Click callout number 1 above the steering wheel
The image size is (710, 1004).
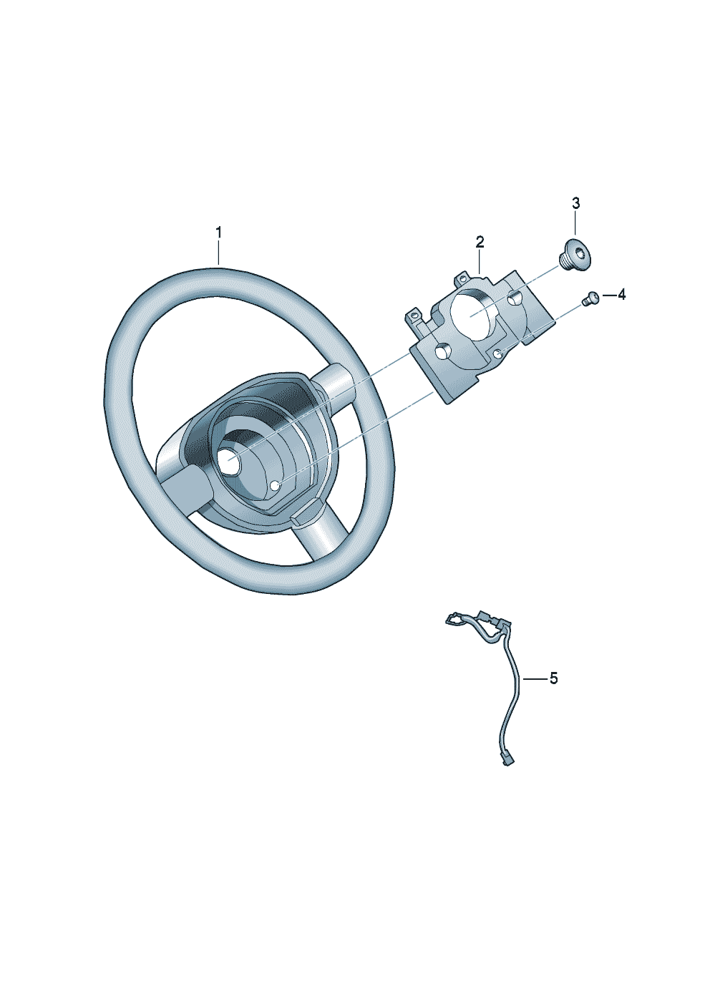coord(219,233)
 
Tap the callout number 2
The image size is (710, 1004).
coord(480,241)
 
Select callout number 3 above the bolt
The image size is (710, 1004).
coord(576,203)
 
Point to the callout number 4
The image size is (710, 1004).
coord(621,294)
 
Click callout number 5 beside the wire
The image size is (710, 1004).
coord(553,678)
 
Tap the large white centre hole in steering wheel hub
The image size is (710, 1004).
coord(230,462)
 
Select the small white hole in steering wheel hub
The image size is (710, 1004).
coord(276,486)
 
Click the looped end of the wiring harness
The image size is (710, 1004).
coord(454,620)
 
